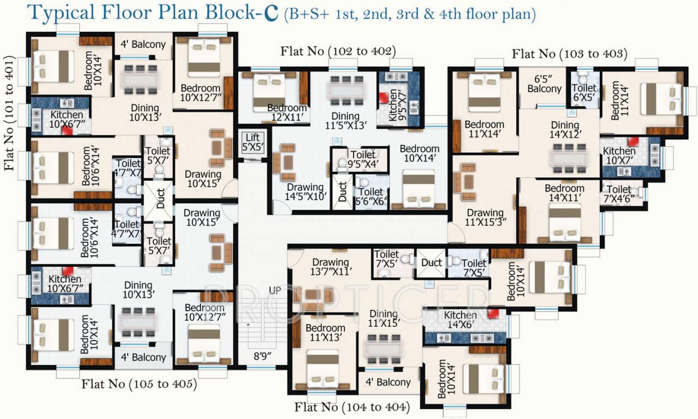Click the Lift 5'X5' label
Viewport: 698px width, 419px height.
(252, 141)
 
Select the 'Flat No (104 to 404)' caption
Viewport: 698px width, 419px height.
(352, 407)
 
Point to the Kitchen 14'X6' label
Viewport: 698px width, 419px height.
(461, 320)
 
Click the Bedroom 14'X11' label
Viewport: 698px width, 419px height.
(564, 194)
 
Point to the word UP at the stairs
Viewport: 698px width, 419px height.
(275, 291)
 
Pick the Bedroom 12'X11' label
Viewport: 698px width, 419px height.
(287, 113)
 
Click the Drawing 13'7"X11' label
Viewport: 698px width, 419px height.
(330, 267)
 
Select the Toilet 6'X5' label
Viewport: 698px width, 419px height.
(584, 93)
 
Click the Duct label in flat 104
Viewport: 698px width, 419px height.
(431, 263)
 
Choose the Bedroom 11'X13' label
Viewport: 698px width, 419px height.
(325, 333)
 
